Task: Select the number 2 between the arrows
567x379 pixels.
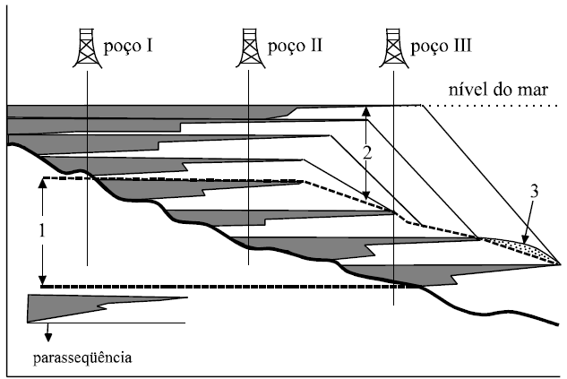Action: pyautogui.click(x=366, y=153)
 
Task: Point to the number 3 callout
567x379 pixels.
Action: pyautogui.click(x=534, y=192)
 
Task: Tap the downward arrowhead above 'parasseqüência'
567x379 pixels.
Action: pyautogui.click(x=47, y=338)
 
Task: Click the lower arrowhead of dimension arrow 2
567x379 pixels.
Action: pyautogui.click(x=365, y=198)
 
